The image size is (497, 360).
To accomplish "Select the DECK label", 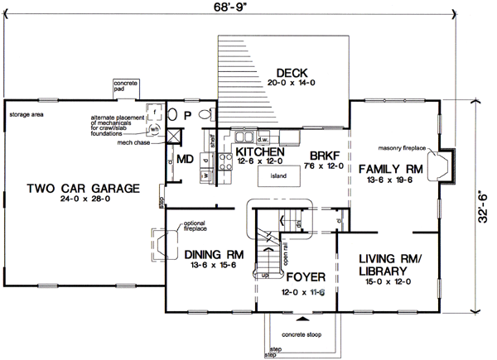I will [292, 72].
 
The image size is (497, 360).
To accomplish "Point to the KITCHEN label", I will [260, 153].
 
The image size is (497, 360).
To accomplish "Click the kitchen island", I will [279, 177].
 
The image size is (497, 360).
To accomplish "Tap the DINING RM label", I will [213, 255].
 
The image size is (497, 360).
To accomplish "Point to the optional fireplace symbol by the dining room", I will [161, 245].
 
